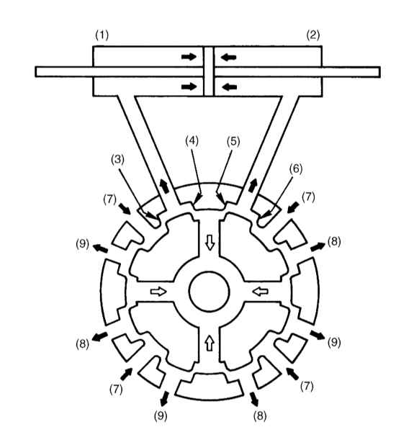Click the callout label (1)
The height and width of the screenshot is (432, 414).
point(102,35)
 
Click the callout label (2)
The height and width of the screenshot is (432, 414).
point(313,35)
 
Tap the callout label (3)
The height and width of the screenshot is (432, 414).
point(117,160)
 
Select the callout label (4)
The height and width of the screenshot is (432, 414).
point(192,141)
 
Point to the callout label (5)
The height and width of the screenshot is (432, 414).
point(233,141)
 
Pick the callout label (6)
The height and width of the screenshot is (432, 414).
point(296,168)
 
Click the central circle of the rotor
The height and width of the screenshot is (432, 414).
point(209,292)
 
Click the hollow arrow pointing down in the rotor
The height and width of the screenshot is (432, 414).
point(210,243)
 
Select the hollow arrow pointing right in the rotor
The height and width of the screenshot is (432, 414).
point(158,292)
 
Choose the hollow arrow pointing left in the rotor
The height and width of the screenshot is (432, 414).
point(261,292)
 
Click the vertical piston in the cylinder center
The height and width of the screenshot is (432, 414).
point(209,71)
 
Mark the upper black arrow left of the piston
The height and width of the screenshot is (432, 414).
point(189,57)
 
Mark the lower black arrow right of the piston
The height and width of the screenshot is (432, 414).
point(229,87)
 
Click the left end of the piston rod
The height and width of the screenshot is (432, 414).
point(36,71)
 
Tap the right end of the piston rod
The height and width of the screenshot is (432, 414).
point(380,72)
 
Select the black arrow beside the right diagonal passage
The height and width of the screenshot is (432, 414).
point(253,185)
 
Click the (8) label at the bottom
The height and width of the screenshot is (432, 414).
point(260,416)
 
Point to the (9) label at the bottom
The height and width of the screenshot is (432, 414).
point(161,416)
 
